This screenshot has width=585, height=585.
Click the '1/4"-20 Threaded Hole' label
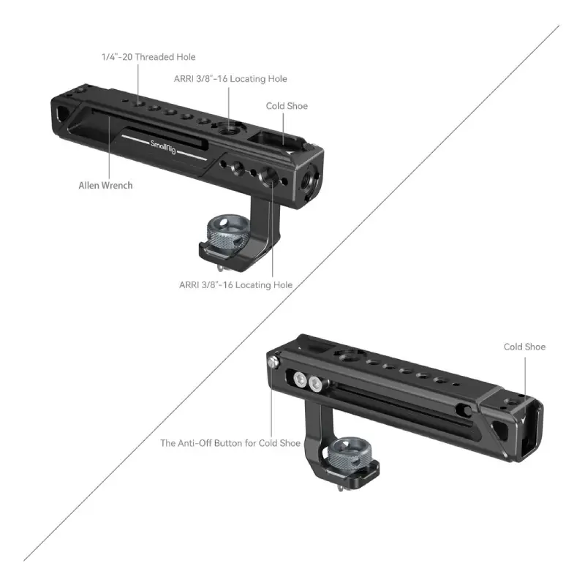click(x=148, y=57)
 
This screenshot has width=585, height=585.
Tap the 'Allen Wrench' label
click(x=105, y=186)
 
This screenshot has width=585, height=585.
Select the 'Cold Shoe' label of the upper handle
click(x=287, y=106)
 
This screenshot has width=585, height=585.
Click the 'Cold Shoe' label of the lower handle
click(x=524, y=347)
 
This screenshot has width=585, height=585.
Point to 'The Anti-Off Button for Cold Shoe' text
click(x=230, y=443)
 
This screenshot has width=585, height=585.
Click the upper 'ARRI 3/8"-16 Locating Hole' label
click(x=230, y=79)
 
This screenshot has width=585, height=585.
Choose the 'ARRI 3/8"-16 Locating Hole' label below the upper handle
click(x=235, y=285)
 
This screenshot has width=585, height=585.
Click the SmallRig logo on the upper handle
click(x=163, y=147)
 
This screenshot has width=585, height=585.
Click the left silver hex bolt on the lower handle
click(x=300, y=380)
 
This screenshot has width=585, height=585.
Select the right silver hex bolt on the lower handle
click(x=315, y=383)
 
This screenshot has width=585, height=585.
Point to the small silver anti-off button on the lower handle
click(x=273, y=361)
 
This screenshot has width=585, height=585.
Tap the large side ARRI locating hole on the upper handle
click(x=268, y=175)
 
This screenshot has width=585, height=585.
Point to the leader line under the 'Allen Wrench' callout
click(x=109, y=147)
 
